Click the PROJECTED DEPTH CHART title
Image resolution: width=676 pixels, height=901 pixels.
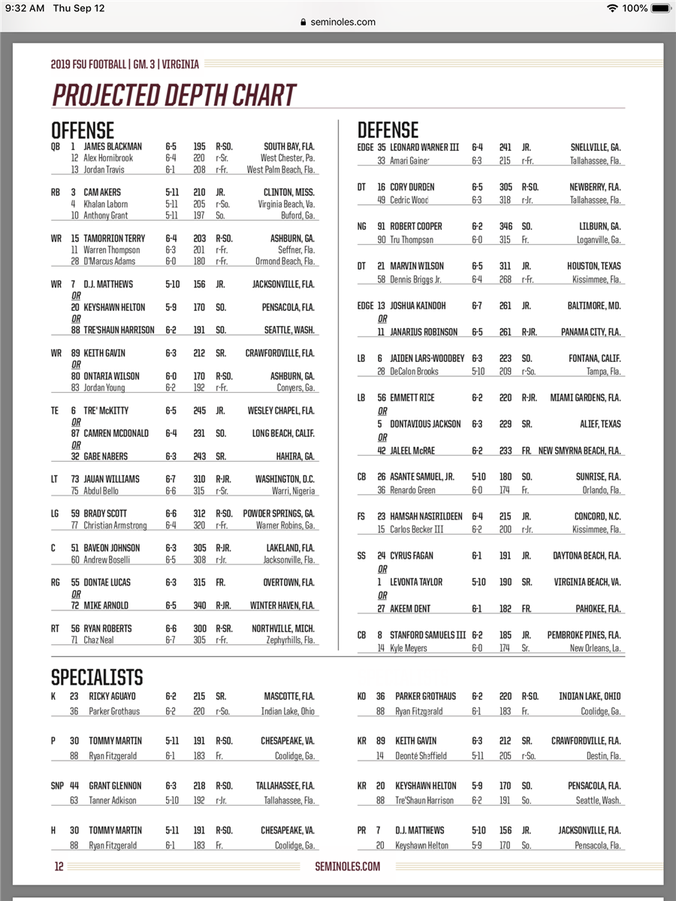(174, 95)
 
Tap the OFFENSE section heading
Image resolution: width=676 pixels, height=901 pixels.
(83, 130)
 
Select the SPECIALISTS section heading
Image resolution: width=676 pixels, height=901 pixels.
(97, 677)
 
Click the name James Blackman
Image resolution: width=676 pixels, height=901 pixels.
(112, 147)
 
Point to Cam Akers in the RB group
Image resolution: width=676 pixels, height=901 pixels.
(102, 192)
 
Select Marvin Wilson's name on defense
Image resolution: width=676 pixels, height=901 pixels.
(420, 266)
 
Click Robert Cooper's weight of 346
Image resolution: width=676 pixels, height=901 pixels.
(505, 226)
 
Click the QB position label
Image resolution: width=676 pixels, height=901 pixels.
(56, 147)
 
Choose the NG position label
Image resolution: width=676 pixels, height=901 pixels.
(362, 226)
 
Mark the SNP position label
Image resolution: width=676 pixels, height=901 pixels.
(57, 785)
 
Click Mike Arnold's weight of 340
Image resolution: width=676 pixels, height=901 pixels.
(199, 605)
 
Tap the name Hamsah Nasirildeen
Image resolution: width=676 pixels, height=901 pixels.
(436, 517)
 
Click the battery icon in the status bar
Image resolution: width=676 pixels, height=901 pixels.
(661, 8)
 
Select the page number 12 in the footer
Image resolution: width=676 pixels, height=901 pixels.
(59, 866)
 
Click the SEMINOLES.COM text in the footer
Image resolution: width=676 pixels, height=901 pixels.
(347, 866)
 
